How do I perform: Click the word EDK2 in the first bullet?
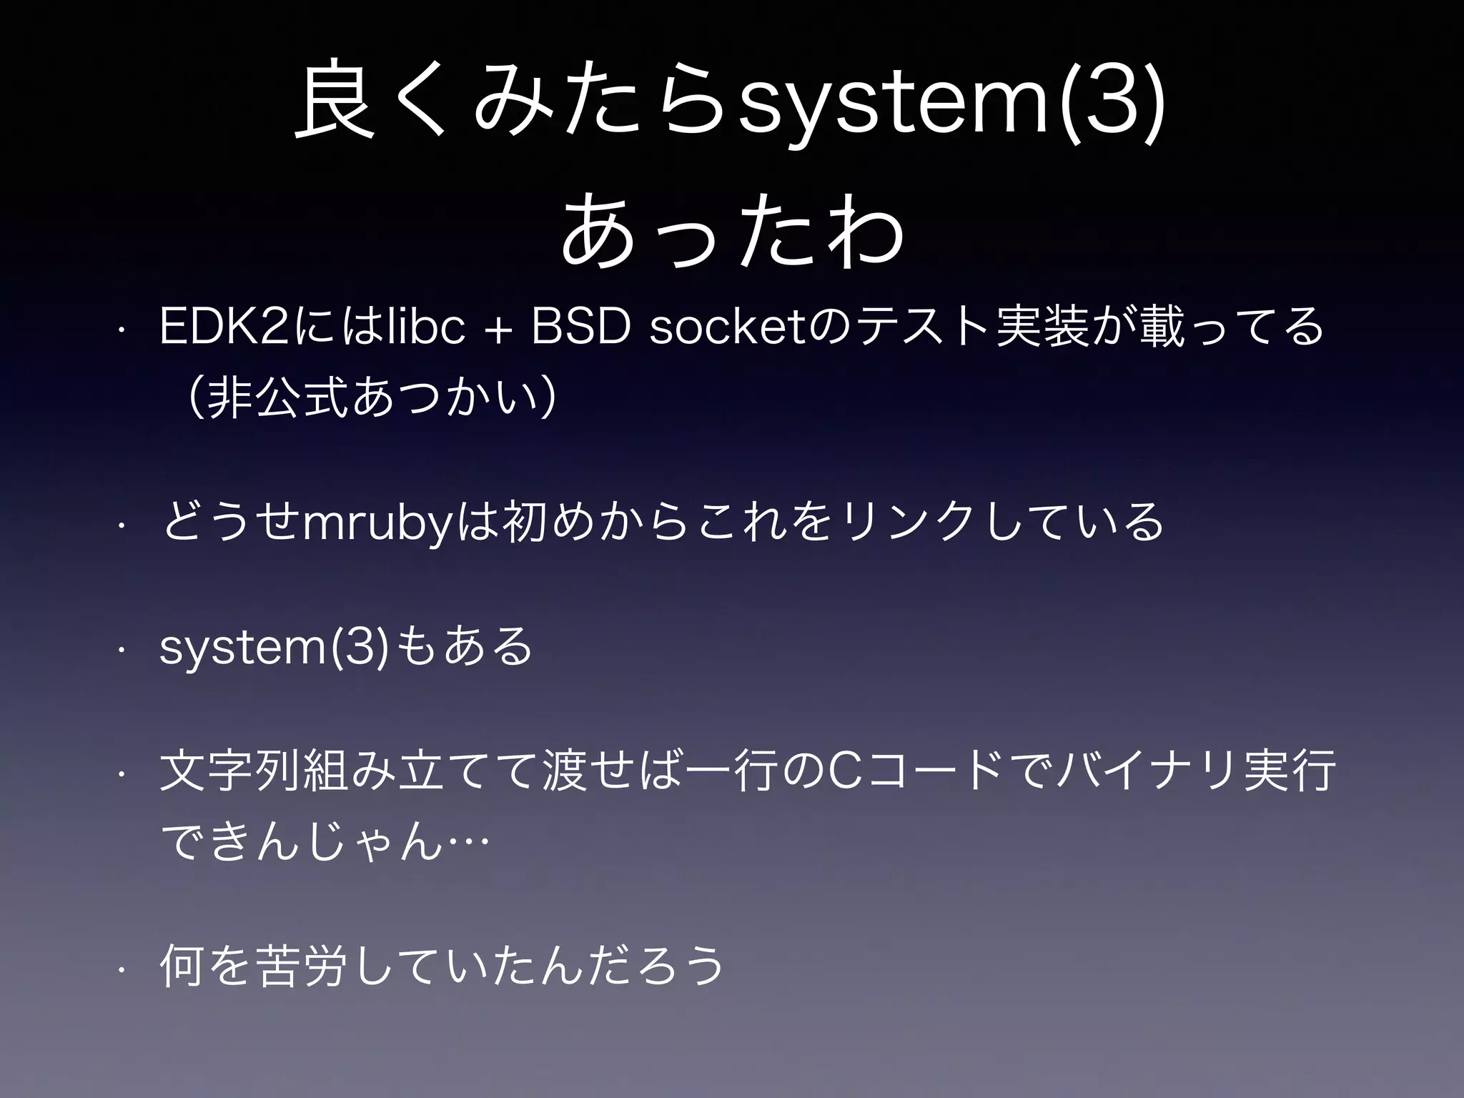[224, 326]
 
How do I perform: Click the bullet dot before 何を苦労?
[122, 969]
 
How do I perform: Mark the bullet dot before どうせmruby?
[122, 525]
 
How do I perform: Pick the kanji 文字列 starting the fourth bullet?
[229, 772]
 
